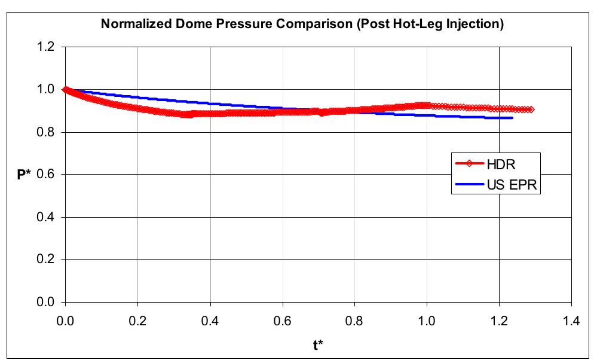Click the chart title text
302,25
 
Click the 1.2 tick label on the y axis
47,47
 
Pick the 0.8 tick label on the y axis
47,132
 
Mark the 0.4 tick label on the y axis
47,217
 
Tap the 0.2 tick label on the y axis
47,260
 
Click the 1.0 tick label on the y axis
47,90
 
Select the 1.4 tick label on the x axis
571,321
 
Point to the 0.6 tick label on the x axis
282,321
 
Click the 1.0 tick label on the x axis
427,321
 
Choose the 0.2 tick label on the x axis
137,321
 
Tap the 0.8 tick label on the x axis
354,321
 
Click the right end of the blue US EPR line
512,118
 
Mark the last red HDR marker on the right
531,109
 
